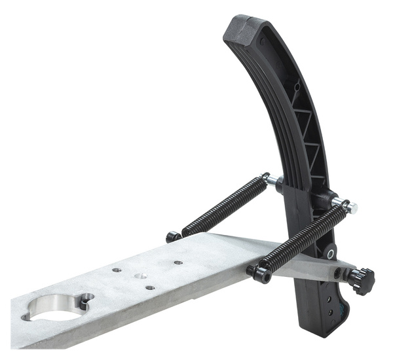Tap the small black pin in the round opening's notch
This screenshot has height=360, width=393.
pyautogui.click(x=83, y=302)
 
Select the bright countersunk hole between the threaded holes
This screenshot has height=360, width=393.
pyautogui.click(x=140, y=276)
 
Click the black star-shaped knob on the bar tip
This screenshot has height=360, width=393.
pyautogui.click(x=362, y=280)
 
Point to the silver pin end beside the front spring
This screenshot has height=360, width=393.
pyautogui.click(x=352, y=207)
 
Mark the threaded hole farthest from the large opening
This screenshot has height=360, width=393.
pyautogui.click(x=178, y=262)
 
